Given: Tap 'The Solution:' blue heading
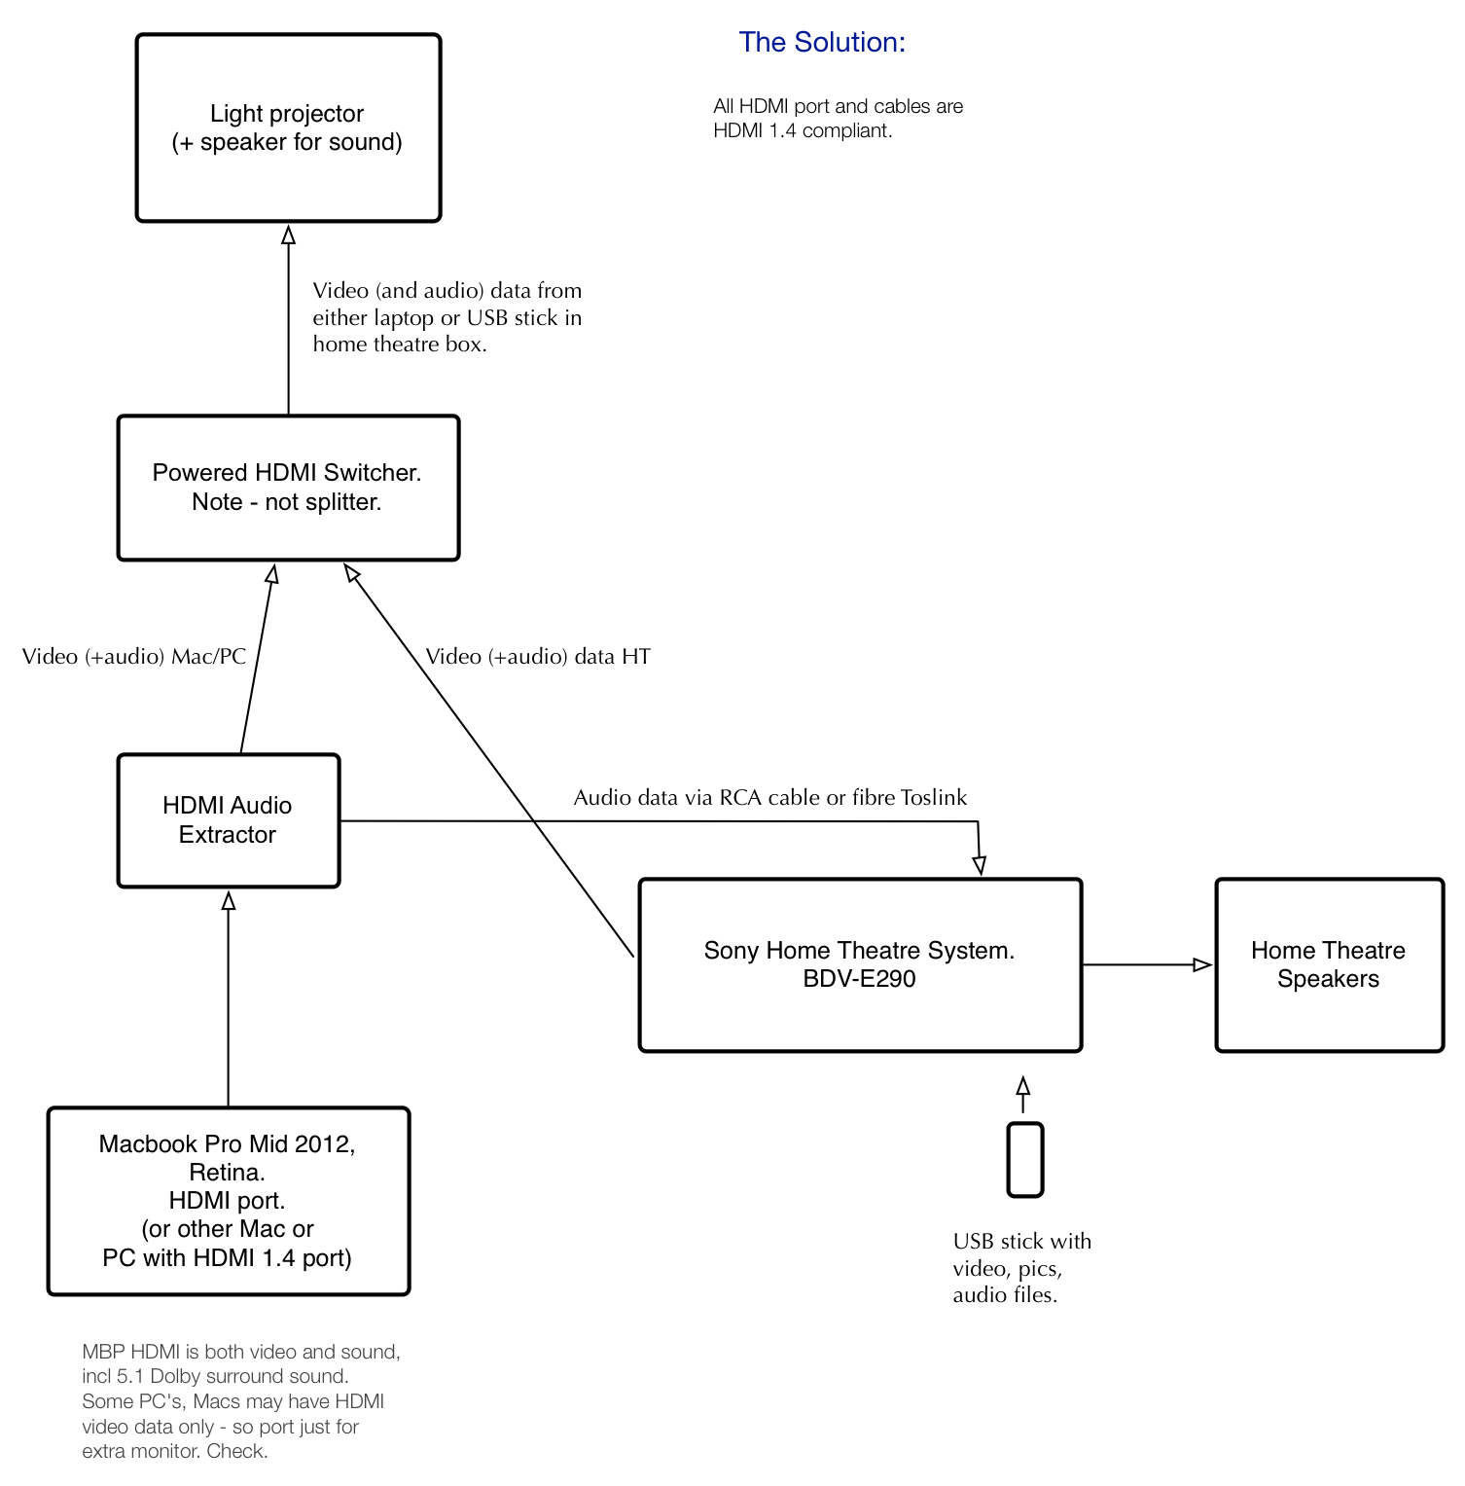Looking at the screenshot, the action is [822, 42].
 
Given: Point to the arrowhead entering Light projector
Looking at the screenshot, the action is [288, 235].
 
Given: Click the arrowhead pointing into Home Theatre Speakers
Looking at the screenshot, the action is [1203, 964].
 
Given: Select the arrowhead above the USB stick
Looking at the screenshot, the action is [1023, 1086].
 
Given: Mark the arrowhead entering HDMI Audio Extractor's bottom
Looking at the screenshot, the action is [229, 900].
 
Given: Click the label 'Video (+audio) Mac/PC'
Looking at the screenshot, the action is [134, 657].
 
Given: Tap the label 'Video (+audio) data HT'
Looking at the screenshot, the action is [538, 657].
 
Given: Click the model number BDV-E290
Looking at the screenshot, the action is [860, 979].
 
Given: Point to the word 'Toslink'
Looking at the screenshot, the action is [934, 798].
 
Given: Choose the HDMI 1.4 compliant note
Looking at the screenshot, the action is [839, 118].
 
